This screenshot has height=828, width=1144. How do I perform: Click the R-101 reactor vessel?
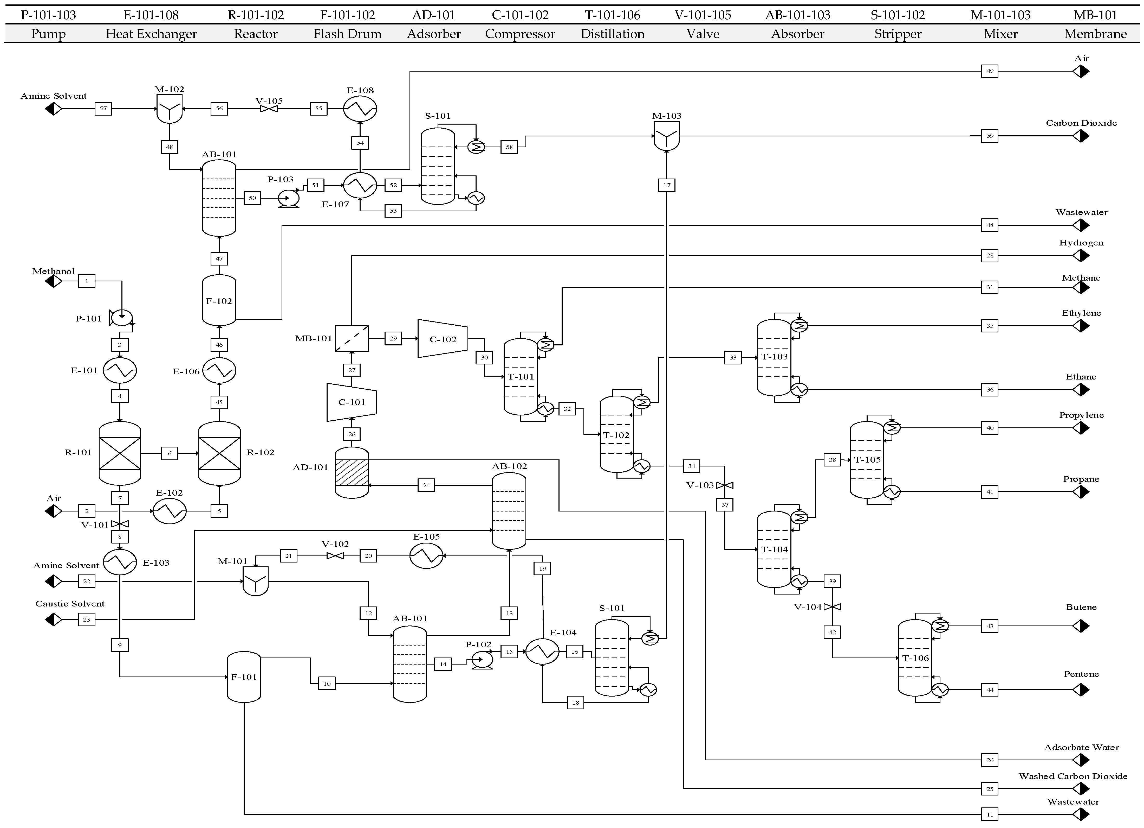(x=120, y=453)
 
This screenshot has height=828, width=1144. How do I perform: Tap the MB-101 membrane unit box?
(x=352, y=338)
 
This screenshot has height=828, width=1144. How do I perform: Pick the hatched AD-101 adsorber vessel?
(x=352, y=472)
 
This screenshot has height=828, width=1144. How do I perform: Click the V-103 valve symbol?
(x=724, y=485)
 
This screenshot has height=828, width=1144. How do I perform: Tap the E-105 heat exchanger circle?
(x=426, y=556)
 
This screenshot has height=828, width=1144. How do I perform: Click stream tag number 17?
(x=666, y=185)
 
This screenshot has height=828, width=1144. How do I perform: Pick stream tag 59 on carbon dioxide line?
(x=990, y=136)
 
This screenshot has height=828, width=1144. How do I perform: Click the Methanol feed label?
(x=54, y=271)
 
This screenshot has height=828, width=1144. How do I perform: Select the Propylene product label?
(x=1081, y=415)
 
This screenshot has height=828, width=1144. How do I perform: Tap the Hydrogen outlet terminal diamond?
(x=1081, y=256)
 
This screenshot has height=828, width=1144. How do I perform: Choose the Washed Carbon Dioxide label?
(x=1072, y=776)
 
